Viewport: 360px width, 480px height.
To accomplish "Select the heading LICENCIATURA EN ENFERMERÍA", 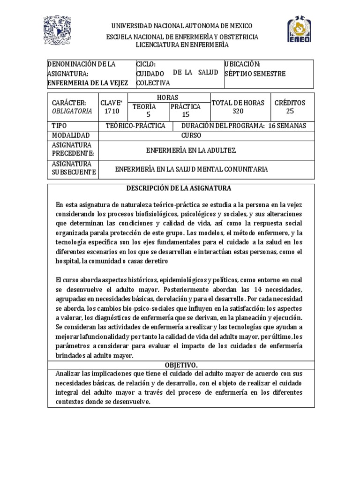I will coord(182,45).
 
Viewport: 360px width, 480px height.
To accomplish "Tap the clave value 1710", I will coord(112,111).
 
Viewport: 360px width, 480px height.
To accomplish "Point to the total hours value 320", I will coord(238,111).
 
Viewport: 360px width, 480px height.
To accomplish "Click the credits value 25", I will coord(290,111).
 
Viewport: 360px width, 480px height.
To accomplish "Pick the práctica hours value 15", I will coord(186,114).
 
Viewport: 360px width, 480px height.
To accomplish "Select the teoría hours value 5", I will coord(149,114).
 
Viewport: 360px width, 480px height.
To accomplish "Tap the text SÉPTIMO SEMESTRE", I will coord(255,74).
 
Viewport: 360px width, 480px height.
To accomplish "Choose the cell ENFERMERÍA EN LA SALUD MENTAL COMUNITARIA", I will coord(191,169).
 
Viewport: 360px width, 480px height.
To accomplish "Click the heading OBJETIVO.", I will coord(181,365).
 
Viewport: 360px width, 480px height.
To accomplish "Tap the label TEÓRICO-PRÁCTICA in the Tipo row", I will coord(135,126).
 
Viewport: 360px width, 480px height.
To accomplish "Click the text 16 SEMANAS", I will coord(287,126).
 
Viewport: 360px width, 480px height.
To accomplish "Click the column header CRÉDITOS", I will coord(290,103).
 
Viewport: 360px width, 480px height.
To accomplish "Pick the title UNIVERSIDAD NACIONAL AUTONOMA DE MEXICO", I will coord(182,26).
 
